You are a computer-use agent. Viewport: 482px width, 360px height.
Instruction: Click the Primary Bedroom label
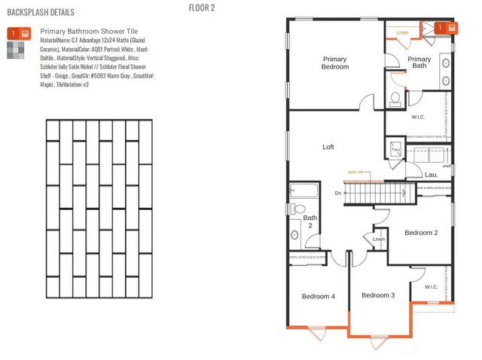[x=335, y=63]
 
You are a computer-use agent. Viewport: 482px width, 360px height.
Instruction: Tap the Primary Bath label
[x=419, y=63]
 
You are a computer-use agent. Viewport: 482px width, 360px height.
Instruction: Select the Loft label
[x=328, y=147]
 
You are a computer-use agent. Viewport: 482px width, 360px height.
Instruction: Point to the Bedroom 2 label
[x=421, y=233]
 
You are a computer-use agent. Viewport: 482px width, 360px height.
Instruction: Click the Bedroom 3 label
[x=378, y=295]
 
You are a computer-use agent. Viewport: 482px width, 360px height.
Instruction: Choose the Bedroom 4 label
[x=319, y=297]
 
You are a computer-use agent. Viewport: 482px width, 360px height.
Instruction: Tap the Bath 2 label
[x=310, y=221]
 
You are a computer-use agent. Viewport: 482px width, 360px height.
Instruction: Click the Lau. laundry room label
[x=432, y=175]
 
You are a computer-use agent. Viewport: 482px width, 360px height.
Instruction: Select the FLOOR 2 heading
[x=202, y=8]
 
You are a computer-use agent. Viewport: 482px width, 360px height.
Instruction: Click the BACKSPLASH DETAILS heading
[x=41, y=12]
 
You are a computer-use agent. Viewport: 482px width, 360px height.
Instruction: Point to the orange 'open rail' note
[x=355, y=172]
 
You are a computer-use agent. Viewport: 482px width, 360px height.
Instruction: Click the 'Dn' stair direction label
[x=339, y=193]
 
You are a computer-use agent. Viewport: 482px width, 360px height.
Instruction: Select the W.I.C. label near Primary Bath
[x=419, y=117]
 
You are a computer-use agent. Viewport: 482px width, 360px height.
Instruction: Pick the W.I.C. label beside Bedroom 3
[x=431, y=287]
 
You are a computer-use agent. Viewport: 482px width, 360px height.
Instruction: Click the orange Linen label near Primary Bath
[x=402, y=33]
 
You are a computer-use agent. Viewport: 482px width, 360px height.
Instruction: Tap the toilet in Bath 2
[x=300, y=208]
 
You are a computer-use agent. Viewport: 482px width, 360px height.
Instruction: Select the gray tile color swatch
[x=14, y=50]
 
